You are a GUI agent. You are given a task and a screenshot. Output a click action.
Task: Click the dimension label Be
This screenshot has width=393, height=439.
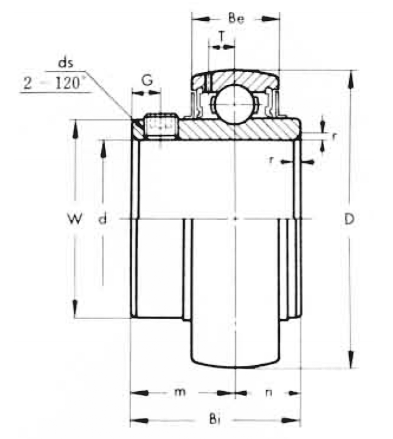236,19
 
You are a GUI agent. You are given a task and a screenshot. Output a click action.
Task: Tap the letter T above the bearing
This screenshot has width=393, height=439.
222,36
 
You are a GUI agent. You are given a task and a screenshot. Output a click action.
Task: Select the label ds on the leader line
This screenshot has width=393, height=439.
66,63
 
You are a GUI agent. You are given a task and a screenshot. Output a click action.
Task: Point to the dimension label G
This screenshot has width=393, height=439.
147,81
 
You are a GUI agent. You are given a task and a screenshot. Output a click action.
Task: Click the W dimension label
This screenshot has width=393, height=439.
75,219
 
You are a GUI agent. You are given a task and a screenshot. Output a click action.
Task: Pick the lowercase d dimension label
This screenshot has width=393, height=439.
103,219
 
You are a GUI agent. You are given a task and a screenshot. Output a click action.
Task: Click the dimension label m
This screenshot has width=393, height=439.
180,392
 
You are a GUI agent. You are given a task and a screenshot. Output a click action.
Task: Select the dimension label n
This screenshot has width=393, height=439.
269,393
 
